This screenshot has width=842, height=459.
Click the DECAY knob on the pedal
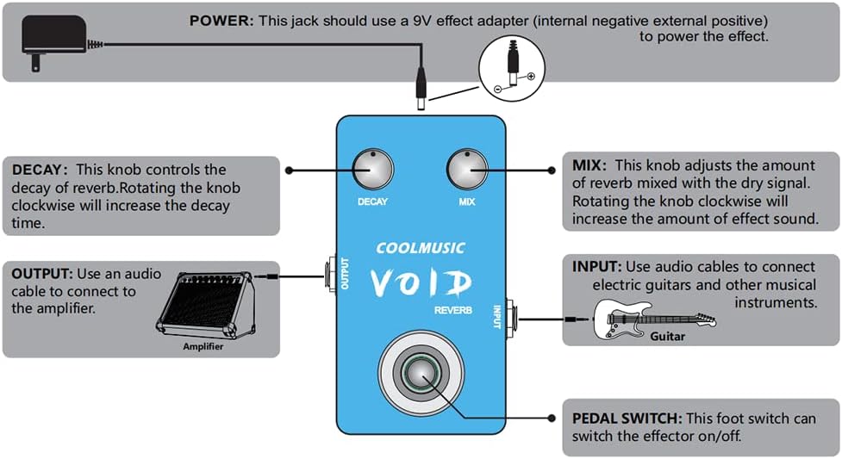[372, 169]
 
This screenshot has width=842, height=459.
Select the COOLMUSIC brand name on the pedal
[421, 249]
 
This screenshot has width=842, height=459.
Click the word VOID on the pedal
[421, 283]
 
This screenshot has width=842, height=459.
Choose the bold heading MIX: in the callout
[590, 164]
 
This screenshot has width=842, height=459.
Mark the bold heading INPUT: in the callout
[596, 267]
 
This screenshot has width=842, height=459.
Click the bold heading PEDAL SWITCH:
[626, 419]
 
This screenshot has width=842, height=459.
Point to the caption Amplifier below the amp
[203, 346]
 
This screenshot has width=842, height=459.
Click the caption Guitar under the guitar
[667, 336]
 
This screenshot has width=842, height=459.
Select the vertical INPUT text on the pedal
[496, 313]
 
